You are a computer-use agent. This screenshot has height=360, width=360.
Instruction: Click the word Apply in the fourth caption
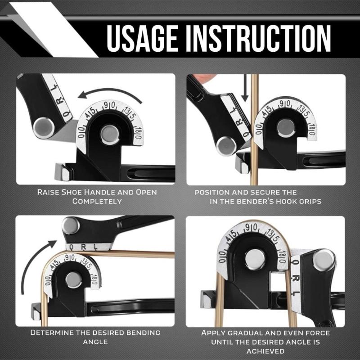[x=213, y=333]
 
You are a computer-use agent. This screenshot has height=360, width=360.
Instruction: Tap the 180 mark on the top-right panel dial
[x=311, y=130]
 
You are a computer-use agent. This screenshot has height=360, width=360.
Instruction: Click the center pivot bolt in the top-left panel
[x=110, y=134]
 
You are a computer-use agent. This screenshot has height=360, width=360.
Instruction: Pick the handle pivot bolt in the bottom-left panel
[x=71, y=225]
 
